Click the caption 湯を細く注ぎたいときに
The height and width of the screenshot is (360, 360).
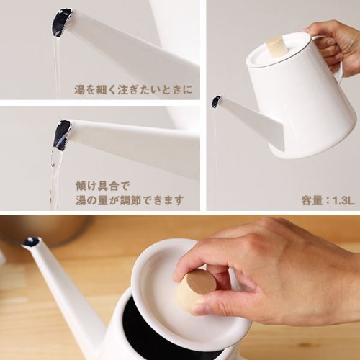point(133,90)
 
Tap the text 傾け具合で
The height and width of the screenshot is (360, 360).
point(103,186)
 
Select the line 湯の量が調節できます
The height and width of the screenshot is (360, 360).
point(130,200)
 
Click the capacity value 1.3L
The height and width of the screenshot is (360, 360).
point(343,201)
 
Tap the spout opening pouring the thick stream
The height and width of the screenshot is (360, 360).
point(63,135)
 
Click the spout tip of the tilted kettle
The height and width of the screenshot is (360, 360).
point(216,101)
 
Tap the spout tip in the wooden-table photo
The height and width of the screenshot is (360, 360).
point(32,242)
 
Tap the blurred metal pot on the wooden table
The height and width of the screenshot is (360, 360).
point(48,230)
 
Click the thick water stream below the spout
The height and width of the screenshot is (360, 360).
point(55,179)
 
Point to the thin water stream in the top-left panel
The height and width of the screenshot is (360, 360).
point(57,68)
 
